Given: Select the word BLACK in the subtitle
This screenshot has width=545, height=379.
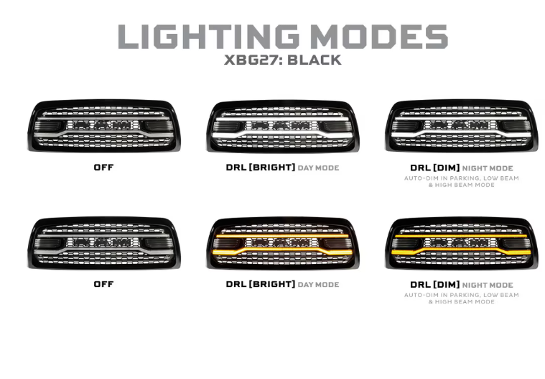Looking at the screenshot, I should click(312, 60).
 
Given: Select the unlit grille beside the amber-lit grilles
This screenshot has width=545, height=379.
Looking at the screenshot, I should click(103, 242).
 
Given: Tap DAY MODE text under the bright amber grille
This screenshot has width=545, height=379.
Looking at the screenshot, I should click(318, 285).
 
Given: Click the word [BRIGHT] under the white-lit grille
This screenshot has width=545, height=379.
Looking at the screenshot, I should click(272, 168).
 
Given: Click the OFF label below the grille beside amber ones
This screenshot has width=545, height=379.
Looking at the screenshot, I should click(103, 285).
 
